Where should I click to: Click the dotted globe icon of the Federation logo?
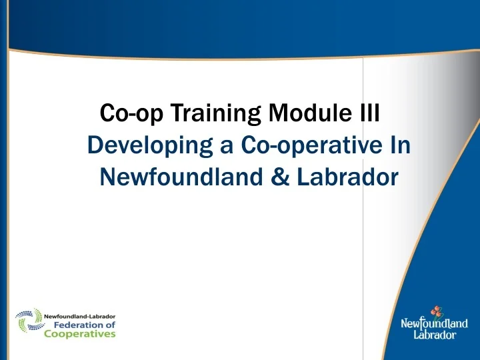29,323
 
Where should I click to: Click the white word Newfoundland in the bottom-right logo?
434,325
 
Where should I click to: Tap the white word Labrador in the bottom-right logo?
435,335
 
